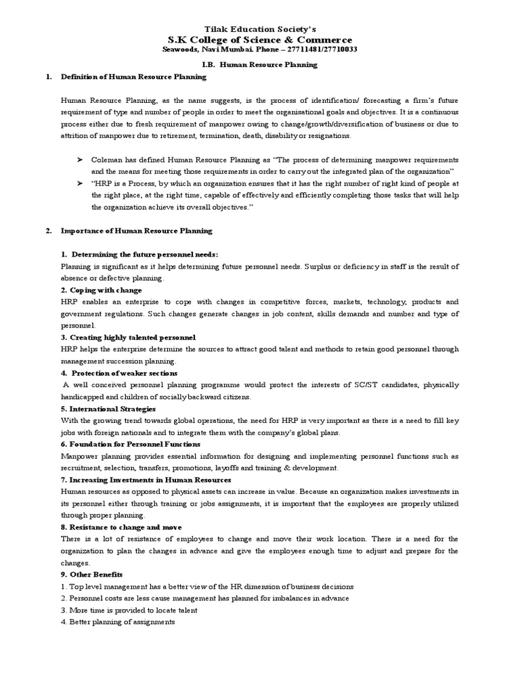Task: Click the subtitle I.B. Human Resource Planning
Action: point(260,65)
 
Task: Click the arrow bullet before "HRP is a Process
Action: point(80,183)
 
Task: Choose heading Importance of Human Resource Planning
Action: point(136,231)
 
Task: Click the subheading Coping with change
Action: point(101,290)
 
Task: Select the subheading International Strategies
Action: point(108,409)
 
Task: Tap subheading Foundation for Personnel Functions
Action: point(130,444)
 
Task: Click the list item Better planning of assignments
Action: point(118,622)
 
